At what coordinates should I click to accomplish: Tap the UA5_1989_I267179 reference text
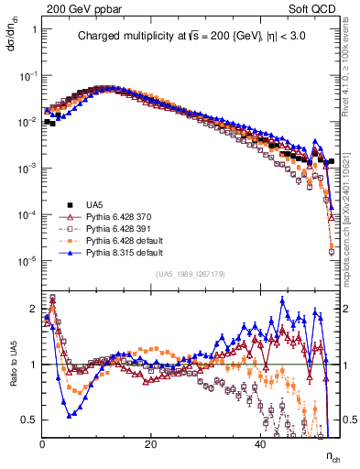click(x=191, y=274)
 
